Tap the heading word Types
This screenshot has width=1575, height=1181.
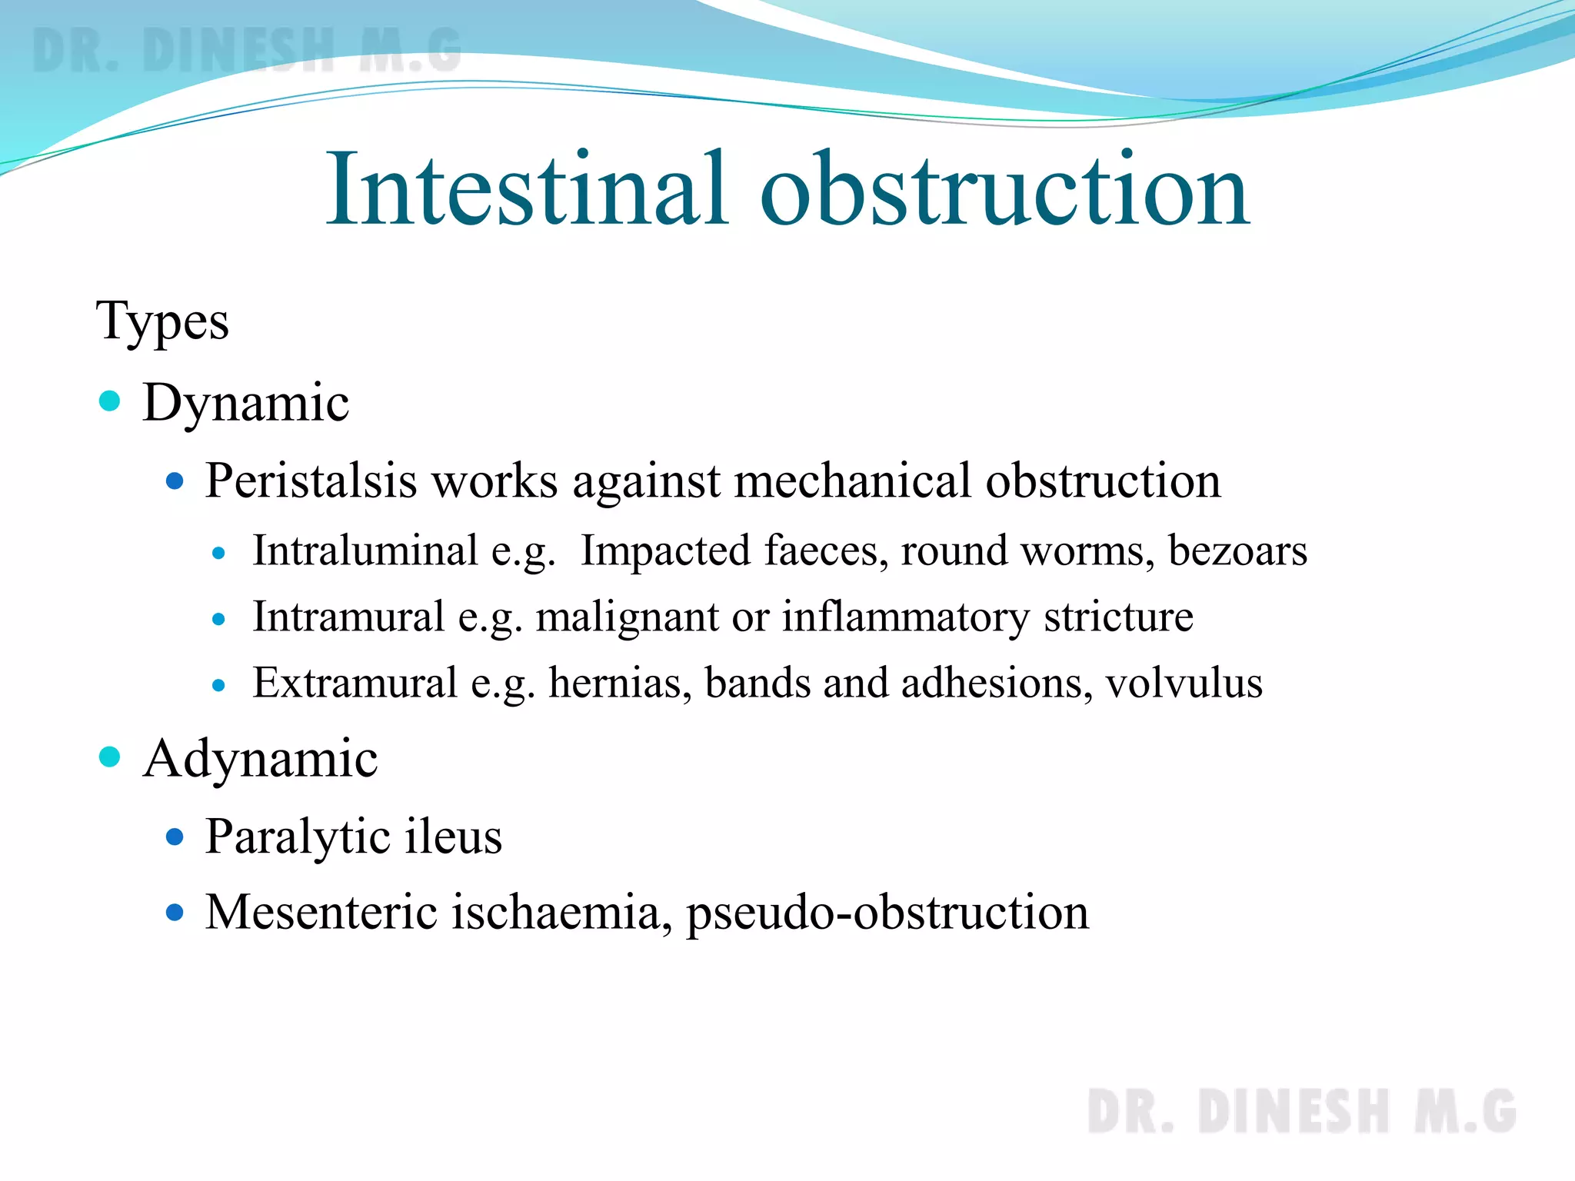162,321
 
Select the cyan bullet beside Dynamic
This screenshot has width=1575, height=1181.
110,401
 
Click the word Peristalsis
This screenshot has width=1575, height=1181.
311,481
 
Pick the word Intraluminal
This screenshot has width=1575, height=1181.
365,551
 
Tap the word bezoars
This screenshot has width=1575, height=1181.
1237,551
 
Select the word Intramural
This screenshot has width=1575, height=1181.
348,617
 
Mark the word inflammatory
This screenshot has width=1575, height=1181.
905,617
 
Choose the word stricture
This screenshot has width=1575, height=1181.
1118,617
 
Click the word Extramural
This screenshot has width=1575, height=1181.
355,683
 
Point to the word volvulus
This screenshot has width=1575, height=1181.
1184,683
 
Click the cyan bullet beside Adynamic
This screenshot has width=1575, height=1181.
110,757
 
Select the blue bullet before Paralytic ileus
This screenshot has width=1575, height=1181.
175,836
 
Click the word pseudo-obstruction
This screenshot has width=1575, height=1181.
887,913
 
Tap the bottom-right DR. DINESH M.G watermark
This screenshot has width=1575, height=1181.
1301,1111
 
